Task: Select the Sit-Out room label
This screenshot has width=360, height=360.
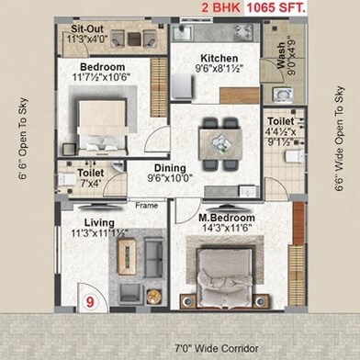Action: click(x=91, y=30)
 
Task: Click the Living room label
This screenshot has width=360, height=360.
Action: click(x=99, y=223)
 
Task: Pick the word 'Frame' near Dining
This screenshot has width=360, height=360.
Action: click(x=146, y=206)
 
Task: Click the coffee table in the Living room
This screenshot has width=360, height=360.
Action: click(x=129, y=254)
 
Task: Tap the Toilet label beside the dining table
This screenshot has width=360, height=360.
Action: click(x=281, y=120)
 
